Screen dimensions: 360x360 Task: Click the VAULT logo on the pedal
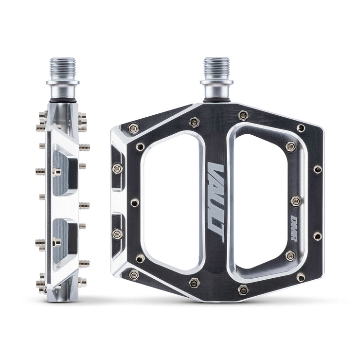pyautogui.click(x=216, y=202)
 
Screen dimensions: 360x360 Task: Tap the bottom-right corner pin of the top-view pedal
pyautogui.click(x=301, y=277)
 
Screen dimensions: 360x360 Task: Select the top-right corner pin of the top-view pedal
pyautogui.click(x=301, y=128)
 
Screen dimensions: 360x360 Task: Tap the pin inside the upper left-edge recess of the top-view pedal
pyautogui.click(x=117, y=168)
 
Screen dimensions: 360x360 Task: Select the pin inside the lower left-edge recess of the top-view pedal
pyautogui.click(x=117, y=234)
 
